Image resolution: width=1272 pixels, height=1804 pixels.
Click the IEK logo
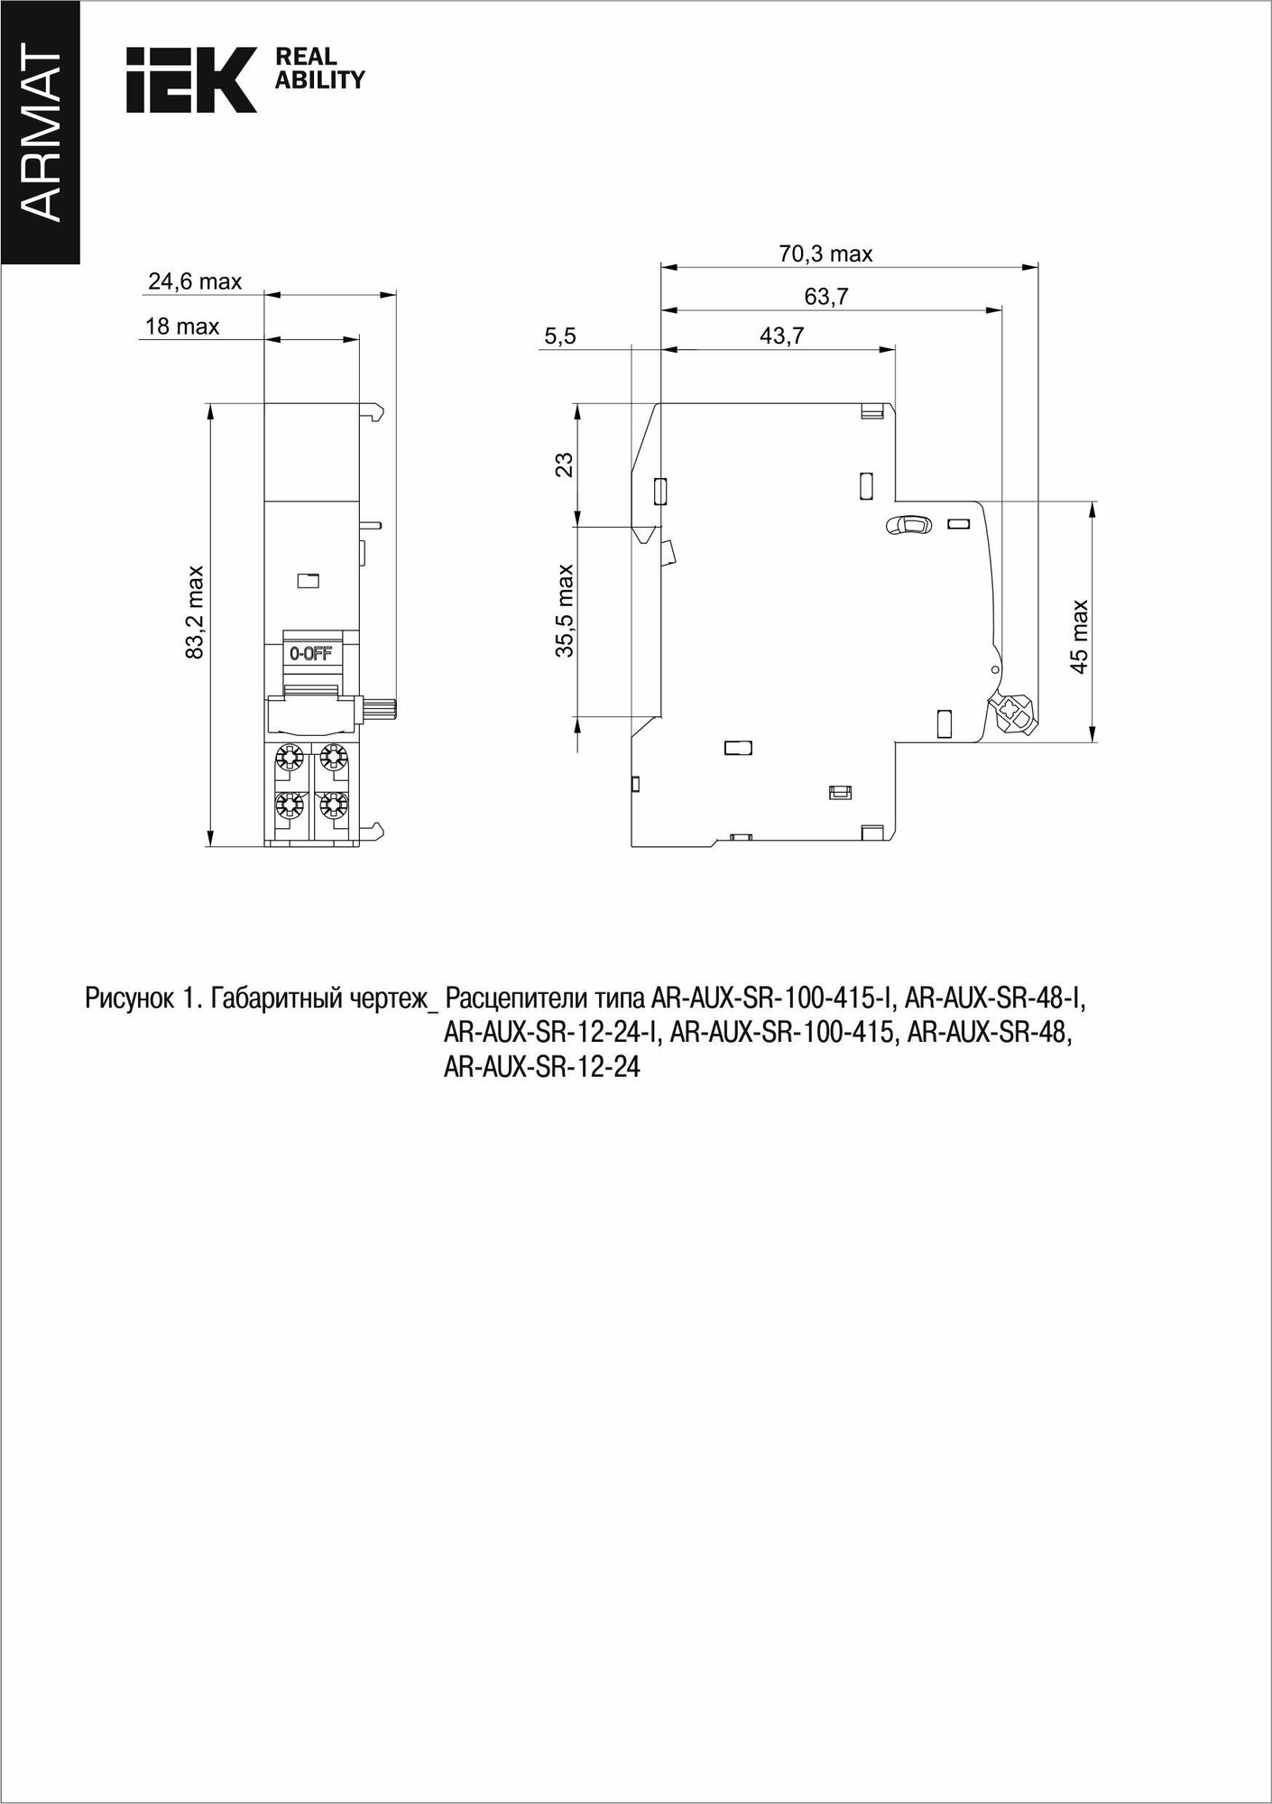click(191, 79)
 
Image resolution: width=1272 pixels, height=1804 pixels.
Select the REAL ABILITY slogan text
click(318, 69)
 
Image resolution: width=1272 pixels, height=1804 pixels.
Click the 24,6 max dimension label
click(195, 281)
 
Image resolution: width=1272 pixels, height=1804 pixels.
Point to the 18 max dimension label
click(182, 327)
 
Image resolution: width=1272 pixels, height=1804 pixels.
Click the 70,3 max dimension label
click(825, 254)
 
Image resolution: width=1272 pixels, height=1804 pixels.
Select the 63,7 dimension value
click(826, 297)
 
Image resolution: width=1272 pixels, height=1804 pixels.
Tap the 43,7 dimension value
click(781, 336)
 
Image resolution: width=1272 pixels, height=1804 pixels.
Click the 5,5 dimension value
click(559, 336)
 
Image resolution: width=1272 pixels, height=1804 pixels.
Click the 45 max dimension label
click(1079, 637)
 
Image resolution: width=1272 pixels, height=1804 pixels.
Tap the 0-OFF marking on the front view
click(309, 654)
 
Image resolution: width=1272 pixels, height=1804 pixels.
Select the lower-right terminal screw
click(334, 805)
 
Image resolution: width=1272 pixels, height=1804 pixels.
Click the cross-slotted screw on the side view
click(1012, 711)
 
